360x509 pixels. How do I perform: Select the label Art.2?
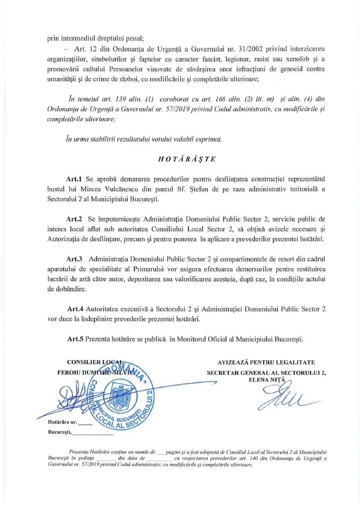pyautogui.click(x=75, y=219)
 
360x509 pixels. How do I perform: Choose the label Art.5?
pyautogui.click(x=75, y=339)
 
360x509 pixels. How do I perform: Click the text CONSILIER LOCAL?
pyautogui.click(x=95, y=362)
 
